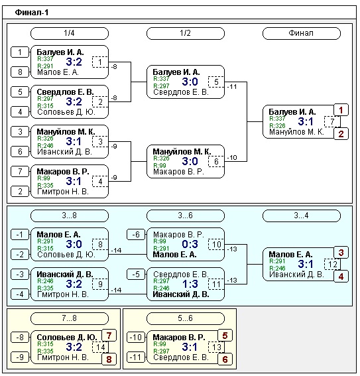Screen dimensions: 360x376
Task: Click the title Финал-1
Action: pyautogui.click(x=32, y=12)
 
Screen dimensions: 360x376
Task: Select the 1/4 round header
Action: pyautogui.click(x=70, y=33)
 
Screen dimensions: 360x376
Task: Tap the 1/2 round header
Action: pyautogui.click(x=186, y=33)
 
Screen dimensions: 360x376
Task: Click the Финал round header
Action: pyautogui.click(x=302, y=33)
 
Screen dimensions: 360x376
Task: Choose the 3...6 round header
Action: pyautogui.click(x=186, y=216)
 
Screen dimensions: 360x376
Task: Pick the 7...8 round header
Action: pyautogui.click(x=70, y=318)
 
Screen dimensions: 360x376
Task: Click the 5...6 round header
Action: pyautogui.click(x=186, y=318)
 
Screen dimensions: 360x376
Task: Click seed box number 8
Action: pyautogui.click(x=20, y=72)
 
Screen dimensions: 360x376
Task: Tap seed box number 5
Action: pyautogui.click(x=20, y=92)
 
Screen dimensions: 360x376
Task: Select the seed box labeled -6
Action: pyautogui.click(x=136, y=234)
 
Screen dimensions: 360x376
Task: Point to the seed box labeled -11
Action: pyautogui.click(x=136, y=357)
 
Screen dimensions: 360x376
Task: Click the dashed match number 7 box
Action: pyautogui.click(x=331, y=121)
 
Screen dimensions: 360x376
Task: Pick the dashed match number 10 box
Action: pyautogui.click(x=216, y=244)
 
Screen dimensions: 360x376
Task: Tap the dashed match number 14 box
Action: pyautogui.click(x=100, y=347)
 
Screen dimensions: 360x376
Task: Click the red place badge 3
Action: pyautogui.click(x=341, y=253)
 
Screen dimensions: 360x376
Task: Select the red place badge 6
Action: pyautogui.click(x=225, y=359)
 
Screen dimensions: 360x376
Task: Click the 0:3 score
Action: pyautogui.click(x=190, y=244)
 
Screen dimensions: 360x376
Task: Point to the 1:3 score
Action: pyautogui.click(x=190, y=284)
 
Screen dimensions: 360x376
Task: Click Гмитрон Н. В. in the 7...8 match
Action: pyautogui.click(x=63, y=357)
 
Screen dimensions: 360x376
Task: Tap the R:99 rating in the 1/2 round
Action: pyautogui.click(x=160, y=165)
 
